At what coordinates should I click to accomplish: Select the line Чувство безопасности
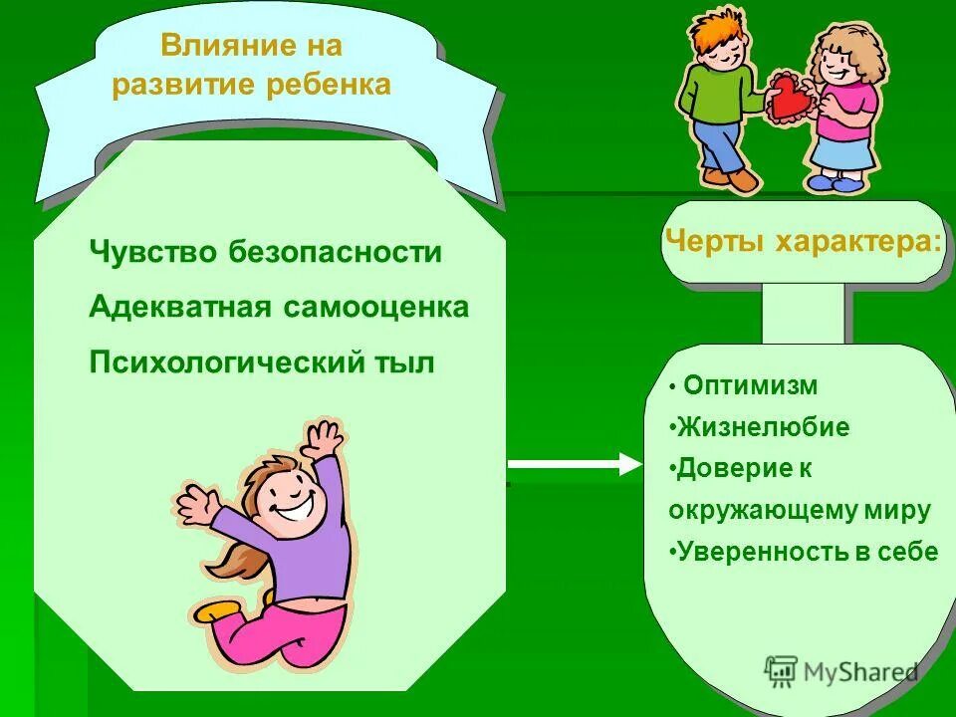coord(265,253)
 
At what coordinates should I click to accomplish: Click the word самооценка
coord(376,308)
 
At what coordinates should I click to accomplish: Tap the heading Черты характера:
coord(803,240)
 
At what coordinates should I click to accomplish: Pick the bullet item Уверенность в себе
coord(806,552)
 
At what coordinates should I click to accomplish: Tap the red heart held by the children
coord(791,96)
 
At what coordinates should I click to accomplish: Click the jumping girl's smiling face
coord(290,494)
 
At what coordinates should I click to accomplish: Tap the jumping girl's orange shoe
coord(213,610)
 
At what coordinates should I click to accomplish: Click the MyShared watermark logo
coord(842,672)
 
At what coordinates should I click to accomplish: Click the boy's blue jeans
coord(719,144)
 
